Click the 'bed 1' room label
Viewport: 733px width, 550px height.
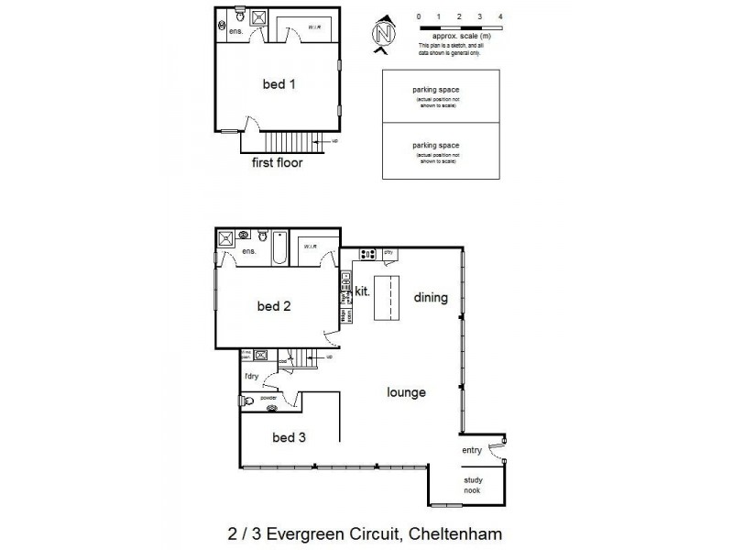279,83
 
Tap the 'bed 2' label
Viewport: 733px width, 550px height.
273,306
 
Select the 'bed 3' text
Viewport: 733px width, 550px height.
289,437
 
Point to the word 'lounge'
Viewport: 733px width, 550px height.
406,392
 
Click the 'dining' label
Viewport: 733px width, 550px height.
430,297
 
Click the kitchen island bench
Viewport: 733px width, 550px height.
388,296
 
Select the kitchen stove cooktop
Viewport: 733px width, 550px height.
367,254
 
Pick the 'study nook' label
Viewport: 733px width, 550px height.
473,485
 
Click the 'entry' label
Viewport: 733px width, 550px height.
471,450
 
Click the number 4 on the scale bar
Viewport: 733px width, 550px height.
500,17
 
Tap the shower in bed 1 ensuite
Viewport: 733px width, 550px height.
257,16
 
